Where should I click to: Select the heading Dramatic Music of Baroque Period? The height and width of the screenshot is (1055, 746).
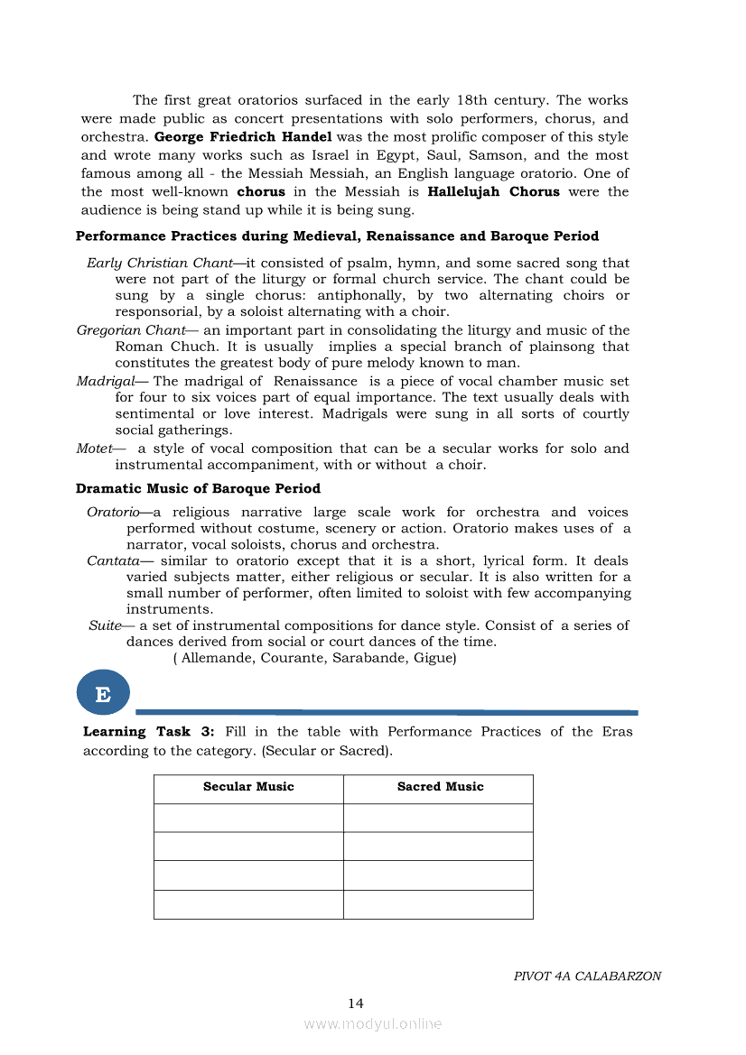click(198, 488)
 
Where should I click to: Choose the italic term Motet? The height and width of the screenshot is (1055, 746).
click(95, 449)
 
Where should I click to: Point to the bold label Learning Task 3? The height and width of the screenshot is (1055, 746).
click(149, 732)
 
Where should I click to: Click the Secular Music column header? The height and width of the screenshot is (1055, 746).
click(248, 787)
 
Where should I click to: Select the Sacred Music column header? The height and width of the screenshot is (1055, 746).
click(440, 787)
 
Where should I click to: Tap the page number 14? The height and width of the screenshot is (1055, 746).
click(356, 1004)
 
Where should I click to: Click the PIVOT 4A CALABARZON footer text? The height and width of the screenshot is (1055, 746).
click(587, 976)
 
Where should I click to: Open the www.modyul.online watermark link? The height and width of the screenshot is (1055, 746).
click(373, 1024)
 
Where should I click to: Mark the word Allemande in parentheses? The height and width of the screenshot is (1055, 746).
click(217, 659)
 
